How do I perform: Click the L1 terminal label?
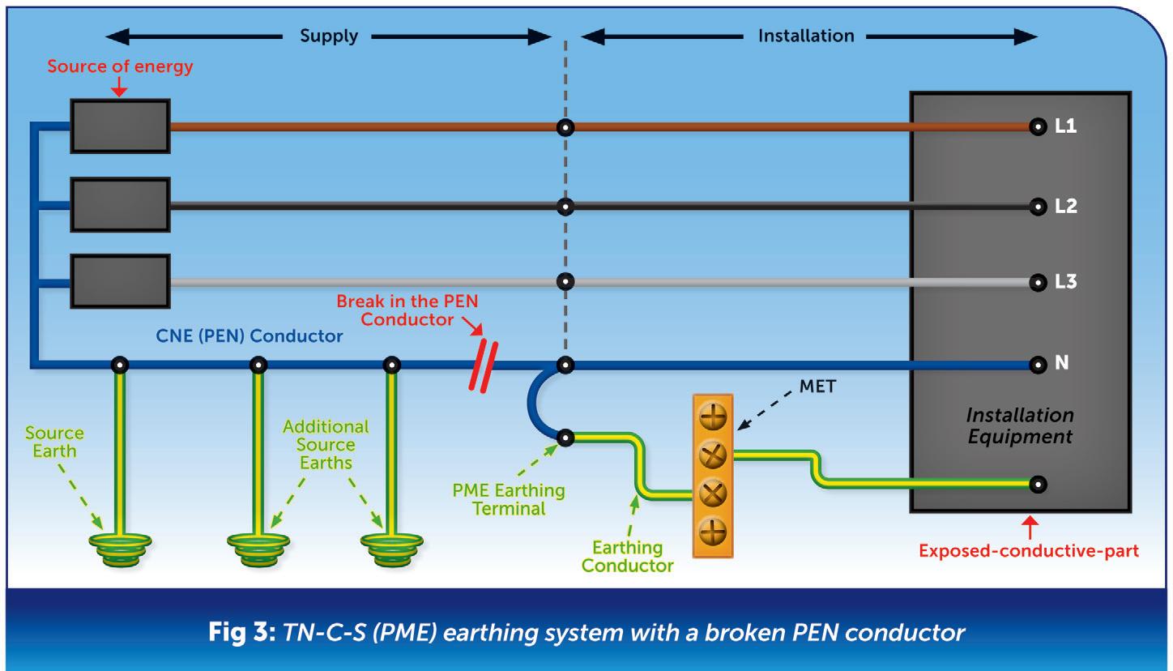1066,127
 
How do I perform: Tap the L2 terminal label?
1066,207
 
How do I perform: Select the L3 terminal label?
1066,283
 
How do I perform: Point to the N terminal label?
1061,365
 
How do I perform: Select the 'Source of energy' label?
120,66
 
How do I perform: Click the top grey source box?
120,126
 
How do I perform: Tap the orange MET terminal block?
713,475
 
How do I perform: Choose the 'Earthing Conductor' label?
627,557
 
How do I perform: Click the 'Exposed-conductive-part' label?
1029,551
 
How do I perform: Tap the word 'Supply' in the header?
328,36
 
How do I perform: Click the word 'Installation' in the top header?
805,36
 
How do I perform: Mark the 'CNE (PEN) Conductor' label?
249,335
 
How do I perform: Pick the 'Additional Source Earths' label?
325,445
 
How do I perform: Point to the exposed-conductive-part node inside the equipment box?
1037,485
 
